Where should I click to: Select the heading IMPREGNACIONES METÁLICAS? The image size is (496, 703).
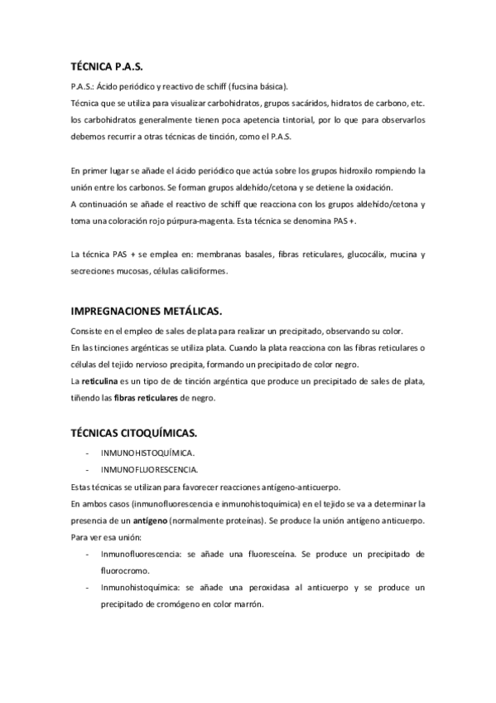coord(147,311)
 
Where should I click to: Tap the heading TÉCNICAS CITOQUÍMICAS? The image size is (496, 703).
coord(134,432)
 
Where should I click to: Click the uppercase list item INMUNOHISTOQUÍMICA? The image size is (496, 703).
coord(147,453)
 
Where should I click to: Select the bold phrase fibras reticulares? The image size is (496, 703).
coord(148,398)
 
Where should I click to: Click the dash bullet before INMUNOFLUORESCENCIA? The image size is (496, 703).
coord(88,468)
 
